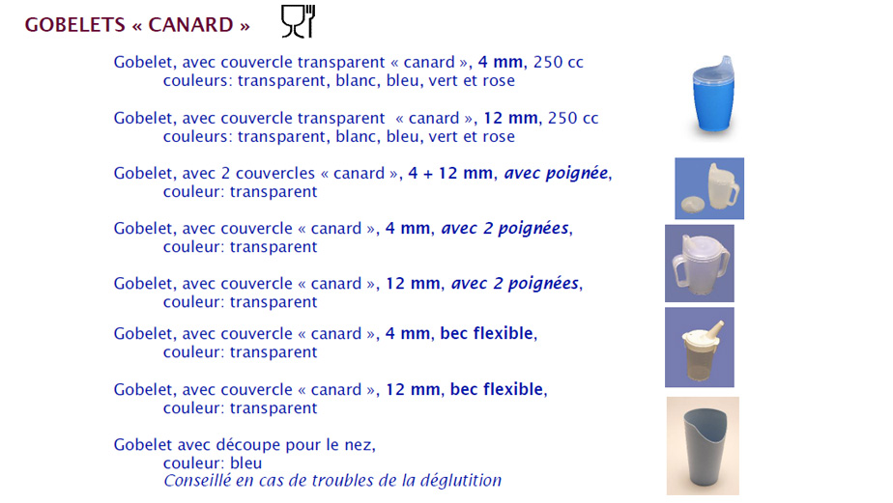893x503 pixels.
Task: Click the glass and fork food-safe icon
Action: pyautogui.click(x=298, y=21)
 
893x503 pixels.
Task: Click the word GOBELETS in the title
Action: pyautogui.click(x=74, y=25)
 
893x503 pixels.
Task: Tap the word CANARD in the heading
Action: pyautogui.click(x=190, y=25)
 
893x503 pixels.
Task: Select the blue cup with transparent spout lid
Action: pyautogui.click(x=713, y=94)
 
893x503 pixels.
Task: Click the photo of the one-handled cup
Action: pyautogui.click(x=709, y=188)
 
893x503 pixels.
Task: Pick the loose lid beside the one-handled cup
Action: pyautogui.click(x=693, y=205)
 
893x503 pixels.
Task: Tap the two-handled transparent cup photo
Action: pyautogui.click(x=700, y=264)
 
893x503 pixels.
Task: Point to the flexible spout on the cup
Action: pyautogui.click(x=717, y=330)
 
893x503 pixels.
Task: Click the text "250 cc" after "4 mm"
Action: pyautogui.click(x=559, y=62)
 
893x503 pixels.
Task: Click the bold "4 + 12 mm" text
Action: pyautogui.click(x=450, y=173)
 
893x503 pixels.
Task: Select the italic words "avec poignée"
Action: pyautogui.click(x=556, y=173)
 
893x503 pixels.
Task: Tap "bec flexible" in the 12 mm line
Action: pyautogui.click(x=497, y=389)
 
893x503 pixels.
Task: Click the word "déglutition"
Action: pyautogui.click(x=461, y=481)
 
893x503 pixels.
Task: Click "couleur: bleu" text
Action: pyautogui.click(x=213, y=463)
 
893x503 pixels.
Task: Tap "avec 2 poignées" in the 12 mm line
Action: pyautogui.click(x=515, y=284)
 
